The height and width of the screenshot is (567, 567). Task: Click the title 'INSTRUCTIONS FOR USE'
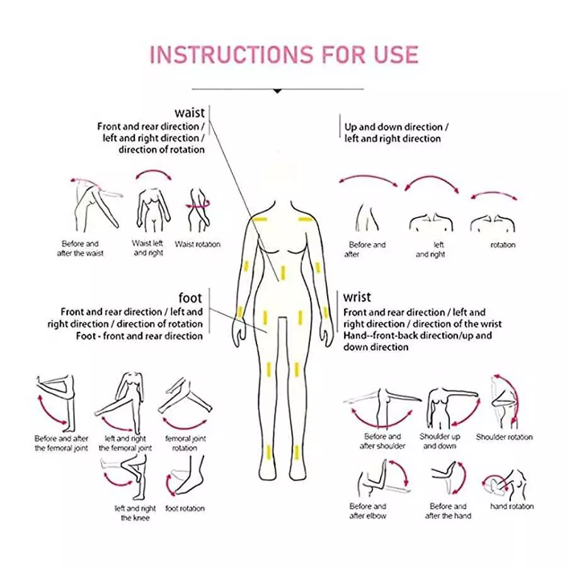pyautogui.click(x=283, y=55)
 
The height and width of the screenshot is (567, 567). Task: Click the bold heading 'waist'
pyautogui.click(x=190, y=113)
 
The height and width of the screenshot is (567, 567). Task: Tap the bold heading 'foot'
pyautogui.click(x=190, y=297)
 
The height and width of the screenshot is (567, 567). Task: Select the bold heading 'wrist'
pyautogui.click(x=357, y=297)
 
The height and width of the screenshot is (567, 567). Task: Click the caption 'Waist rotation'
pyautogui.click(x=198, y=244)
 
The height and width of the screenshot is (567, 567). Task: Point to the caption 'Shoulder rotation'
pyautogui.click(x=504, y=437)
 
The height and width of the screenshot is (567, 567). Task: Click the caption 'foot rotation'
pyautogui.click(x=185, y=508)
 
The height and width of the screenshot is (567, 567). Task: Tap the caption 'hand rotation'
pyautogui.click(x=512, y=506)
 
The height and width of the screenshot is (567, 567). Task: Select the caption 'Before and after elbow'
pyautogui.click(x=368, y=511)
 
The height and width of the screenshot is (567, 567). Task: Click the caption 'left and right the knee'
pyautogui.click(x=135, y=513)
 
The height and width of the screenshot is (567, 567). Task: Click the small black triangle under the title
pyautogui.click(x=277, y=91)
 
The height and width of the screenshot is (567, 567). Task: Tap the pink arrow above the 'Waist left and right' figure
pyautogui.click(x=149, y=175)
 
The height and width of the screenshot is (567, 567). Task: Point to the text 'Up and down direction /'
pyautogui.click(x=393, y=127)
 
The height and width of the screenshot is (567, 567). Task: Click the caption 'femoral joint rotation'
pyautogui.click(x=185, y=443)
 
